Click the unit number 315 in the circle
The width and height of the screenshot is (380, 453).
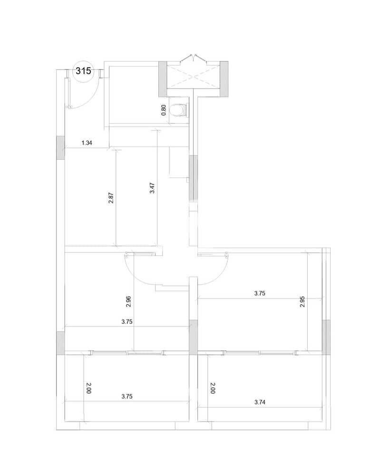83,71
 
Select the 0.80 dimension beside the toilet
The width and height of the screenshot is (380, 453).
164,110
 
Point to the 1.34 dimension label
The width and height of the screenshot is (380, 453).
87,143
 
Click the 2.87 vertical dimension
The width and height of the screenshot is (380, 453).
111,198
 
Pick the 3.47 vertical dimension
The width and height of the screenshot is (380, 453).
152,188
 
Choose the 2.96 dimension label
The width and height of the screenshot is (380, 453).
129,302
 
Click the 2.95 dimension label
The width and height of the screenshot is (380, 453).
302,302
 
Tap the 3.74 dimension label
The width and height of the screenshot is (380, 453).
260,402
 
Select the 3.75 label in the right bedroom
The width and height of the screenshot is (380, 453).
260,293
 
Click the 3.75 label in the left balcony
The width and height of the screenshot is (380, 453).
127,396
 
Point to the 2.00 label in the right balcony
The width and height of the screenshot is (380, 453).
213,388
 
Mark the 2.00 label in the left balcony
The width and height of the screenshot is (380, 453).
88,388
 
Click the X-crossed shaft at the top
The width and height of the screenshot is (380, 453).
193,77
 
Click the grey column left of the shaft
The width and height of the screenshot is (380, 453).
163,79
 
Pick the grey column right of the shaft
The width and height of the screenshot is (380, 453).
224,79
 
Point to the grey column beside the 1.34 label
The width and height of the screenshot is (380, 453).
60,148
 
